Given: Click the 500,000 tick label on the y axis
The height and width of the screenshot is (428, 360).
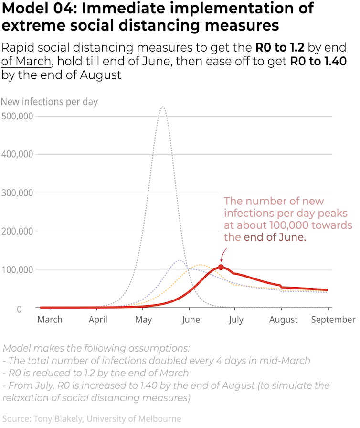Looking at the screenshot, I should coord(18,116).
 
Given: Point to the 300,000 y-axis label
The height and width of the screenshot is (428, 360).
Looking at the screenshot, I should coord(18,193).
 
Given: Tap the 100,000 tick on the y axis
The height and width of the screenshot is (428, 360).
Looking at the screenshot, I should coord(18,270).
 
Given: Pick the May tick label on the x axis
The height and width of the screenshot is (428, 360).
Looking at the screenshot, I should coord(143,320).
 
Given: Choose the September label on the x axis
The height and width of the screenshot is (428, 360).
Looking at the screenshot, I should coord(333,320).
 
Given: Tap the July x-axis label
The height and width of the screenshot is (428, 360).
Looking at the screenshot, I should coord(235,320).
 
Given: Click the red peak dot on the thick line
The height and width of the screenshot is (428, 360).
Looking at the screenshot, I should coord(221,267).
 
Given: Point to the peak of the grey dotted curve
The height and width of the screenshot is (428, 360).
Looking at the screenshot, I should coord(163,107).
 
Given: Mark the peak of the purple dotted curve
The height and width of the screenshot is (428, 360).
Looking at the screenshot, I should coord(179,260).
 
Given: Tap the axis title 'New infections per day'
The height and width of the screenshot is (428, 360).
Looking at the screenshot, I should coord(50,102).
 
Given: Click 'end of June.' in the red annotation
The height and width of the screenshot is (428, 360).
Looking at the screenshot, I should coord(274,237).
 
